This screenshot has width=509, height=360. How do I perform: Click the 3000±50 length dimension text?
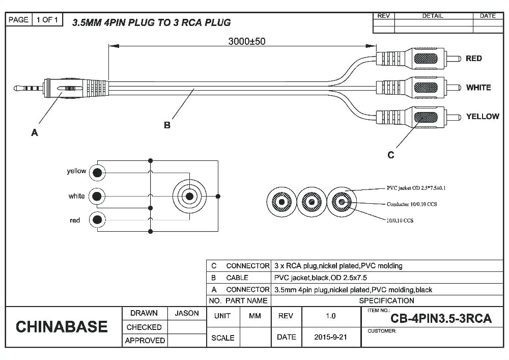pos(246,41)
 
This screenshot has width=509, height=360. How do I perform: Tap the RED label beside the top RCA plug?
pos(473,59)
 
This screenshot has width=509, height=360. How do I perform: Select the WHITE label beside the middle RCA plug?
pos(478,88)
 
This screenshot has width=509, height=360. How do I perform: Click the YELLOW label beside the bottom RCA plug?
pos(482,117)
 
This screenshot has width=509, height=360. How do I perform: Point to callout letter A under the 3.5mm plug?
pos(35,132)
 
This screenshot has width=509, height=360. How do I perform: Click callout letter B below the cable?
pos(167,125)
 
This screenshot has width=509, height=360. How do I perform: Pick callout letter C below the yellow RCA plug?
pos(390,155)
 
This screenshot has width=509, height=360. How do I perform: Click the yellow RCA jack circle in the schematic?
pos(97,173)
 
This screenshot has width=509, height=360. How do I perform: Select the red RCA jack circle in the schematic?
pos(97,220)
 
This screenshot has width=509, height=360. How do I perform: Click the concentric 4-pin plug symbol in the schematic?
pos(189,196)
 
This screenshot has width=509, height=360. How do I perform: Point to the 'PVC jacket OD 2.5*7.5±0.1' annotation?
pos(416,188)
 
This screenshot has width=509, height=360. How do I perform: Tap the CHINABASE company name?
pos(62,326)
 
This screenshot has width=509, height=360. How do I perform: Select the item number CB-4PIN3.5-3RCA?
pos(441,319)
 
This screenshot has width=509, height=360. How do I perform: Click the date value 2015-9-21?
pos(330,337)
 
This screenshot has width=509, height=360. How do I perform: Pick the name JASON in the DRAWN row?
pos(187,313)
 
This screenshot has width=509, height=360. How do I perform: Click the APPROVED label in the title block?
pos(145,340)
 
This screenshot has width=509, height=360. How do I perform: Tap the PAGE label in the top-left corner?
pos(19,20)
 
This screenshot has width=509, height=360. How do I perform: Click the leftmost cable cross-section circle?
pos(281,202)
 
